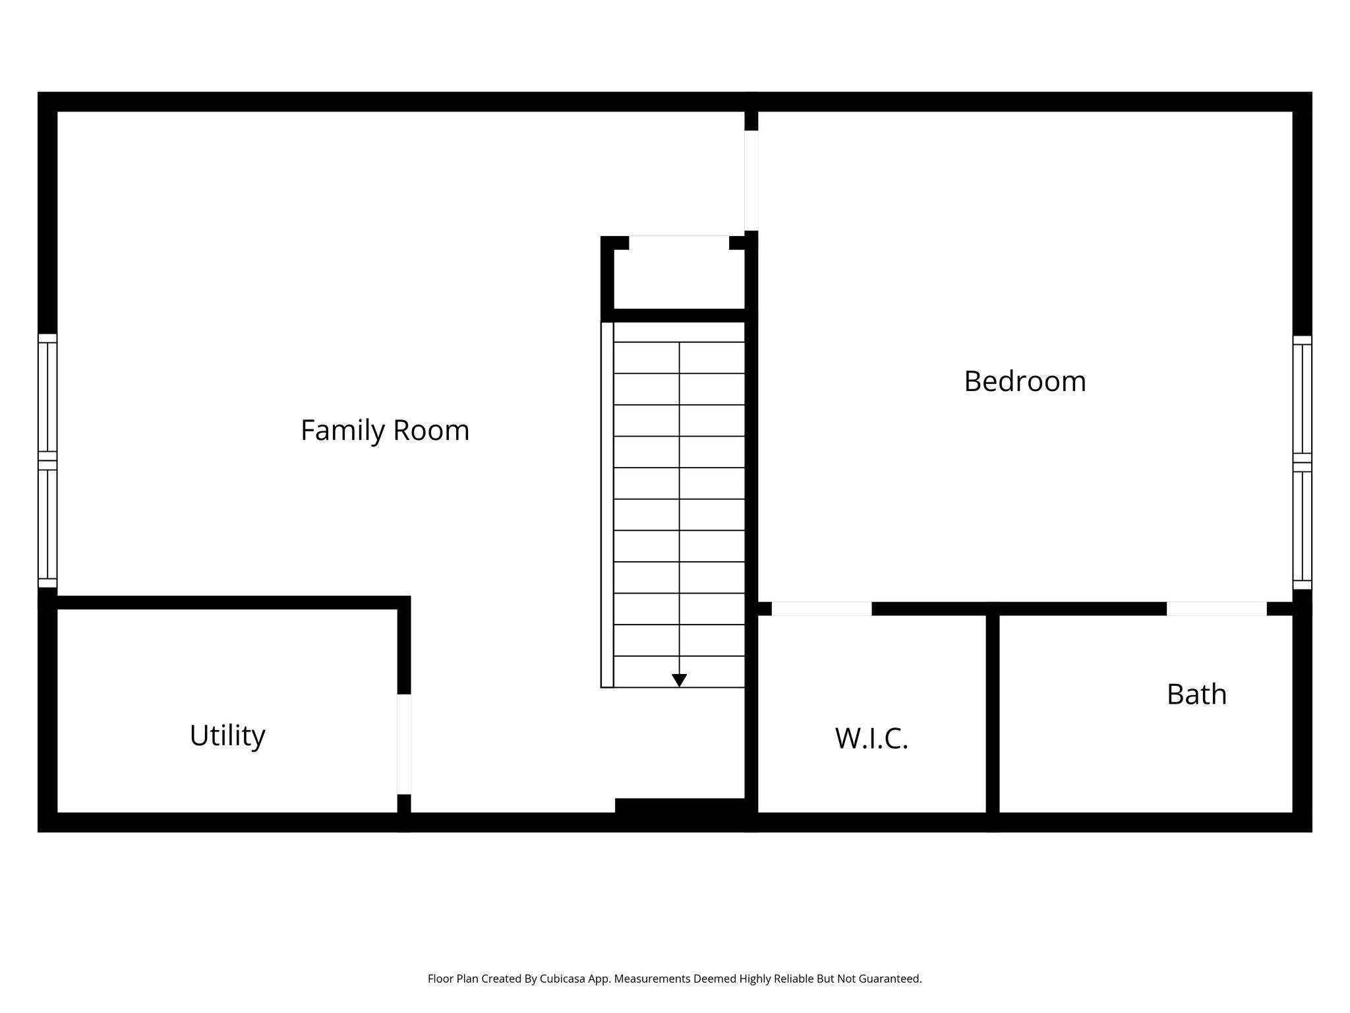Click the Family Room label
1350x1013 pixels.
coord(385,431)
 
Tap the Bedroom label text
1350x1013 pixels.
coord(1024,382)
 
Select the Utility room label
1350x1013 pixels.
coord(227,735)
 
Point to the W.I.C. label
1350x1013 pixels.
coord(871,739)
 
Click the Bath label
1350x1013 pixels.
coord(1196,694)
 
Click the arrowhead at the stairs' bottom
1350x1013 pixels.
coord(679,680)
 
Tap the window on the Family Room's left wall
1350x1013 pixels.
coord(47,460)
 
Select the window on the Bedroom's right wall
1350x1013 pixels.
coord(1302,462)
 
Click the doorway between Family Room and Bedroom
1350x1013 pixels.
coord(751,181)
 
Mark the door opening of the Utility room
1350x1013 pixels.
coord(404,744)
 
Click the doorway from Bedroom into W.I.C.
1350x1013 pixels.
coord(821,609)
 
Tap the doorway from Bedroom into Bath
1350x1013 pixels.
coord(1216,609)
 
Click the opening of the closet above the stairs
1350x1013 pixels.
coord(679,242)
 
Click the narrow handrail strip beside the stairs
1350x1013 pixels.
coord(607,505)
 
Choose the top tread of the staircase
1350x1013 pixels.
coord(679,332)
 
